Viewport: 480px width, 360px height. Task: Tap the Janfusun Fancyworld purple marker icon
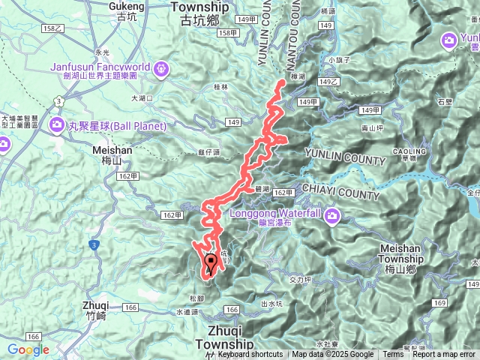coord(161,70)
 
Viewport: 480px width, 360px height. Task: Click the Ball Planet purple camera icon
coord(57,124)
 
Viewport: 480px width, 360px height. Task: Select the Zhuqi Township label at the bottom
coord(228,337)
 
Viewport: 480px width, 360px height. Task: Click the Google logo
coord(28,349)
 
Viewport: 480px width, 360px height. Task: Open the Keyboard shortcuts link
coord(250,355)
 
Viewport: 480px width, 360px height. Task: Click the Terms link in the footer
coord(393,355)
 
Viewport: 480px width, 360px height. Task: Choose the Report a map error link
coord(444,355)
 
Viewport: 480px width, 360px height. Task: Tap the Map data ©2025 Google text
coord(333,355)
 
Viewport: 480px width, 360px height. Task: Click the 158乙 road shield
coord(53,28)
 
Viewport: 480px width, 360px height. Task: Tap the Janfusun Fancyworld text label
coord(102,66)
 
